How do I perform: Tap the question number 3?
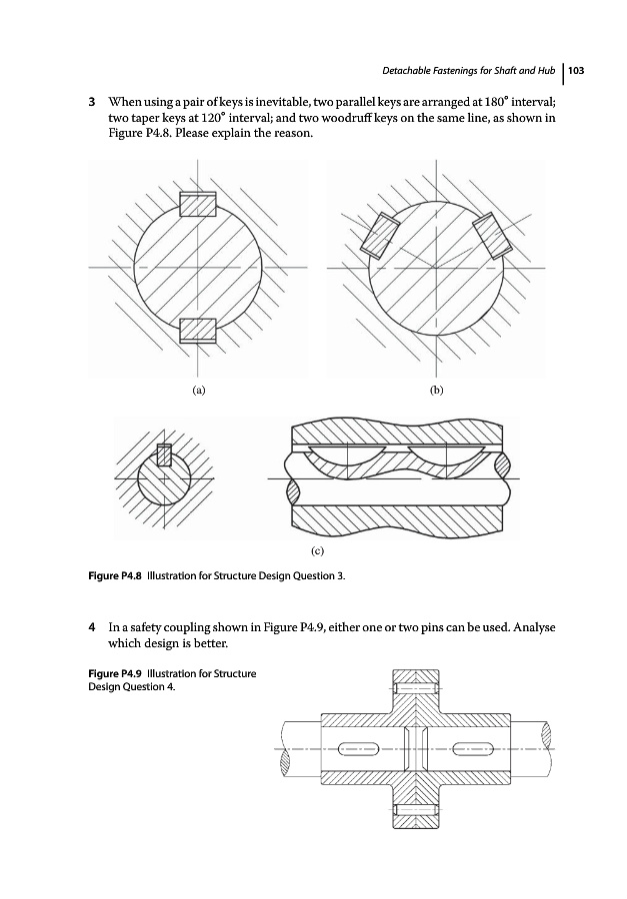[91, 104]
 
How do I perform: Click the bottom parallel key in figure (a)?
[198, 331]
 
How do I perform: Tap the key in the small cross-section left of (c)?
[165, 454]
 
